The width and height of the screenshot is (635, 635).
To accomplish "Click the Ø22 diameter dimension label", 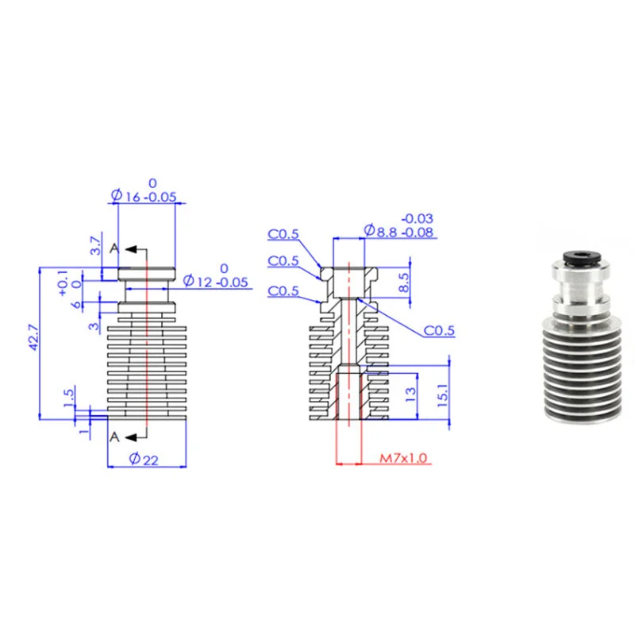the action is coord(144,460).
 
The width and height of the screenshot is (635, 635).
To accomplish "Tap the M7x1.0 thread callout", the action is coord(403,458).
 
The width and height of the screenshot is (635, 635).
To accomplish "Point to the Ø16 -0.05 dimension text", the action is coord(144,196).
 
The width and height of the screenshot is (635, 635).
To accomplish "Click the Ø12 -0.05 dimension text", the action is coord(215,281).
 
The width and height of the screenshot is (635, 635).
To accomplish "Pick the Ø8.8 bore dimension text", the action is coord(398,231).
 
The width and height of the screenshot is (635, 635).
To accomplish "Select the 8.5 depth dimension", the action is coord(404,283).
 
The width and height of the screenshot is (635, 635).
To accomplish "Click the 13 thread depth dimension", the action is coord(410,394).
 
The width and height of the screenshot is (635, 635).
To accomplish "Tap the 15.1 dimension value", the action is coord(443,395).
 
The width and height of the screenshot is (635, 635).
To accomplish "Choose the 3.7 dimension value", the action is coord(95,245).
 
